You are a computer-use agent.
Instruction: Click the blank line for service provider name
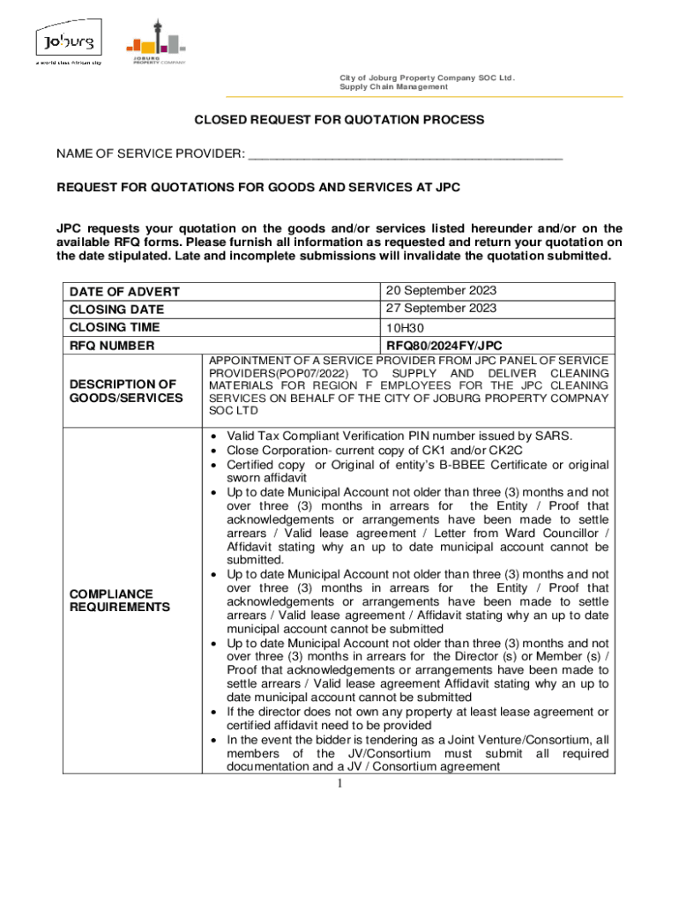tap(405, 154)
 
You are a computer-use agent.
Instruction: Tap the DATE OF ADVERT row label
tap(124, 292)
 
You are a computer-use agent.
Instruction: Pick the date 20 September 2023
tap(440, 291)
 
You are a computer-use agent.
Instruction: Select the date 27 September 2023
tap(440, 309)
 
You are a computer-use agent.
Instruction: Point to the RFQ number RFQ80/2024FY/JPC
tap(444, 346)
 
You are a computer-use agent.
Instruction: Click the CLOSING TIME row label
tap(110, 327)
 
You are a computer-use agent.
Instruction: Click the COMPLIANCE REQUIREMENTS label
tap(119, 601)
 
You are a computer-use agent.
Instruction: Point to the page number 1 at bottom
tap(339, 781)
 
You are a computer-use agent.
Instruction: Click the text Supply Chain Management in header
tap(393, 87)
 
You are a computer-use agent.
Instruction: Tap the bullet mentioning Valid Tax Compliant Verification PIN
tap(399, 436)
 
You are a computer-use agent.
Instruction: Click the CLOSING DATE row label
tap(110, 310)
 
